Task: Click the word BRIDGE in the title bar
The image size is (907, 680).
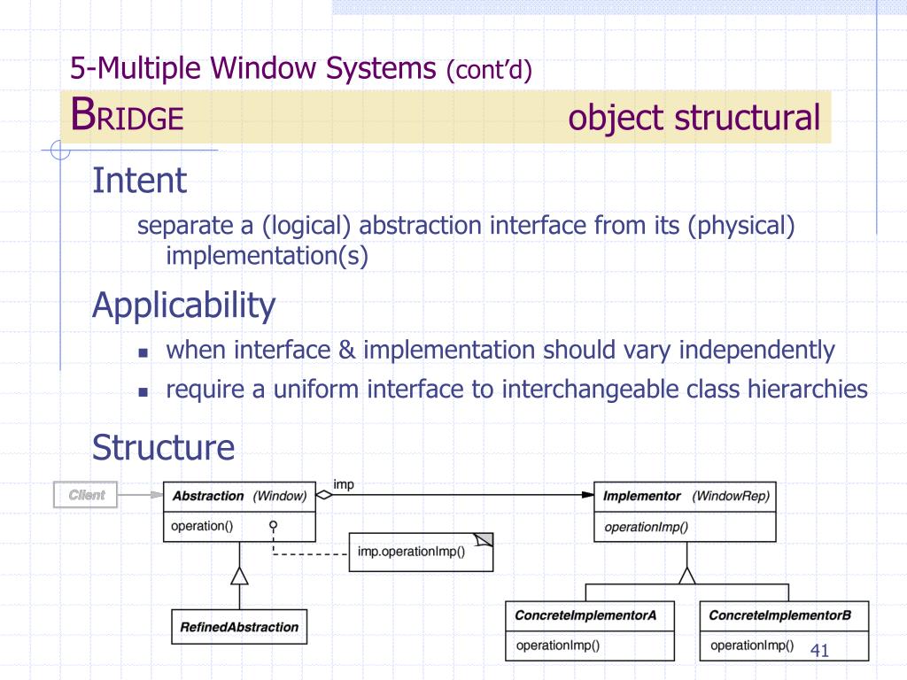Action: point(128,116)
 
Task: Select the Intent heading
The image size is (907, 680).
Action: point(140,181)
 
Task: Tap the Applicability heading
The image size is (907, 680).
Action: point(184,305)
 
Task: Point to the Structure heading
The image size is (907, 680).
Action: point(164,447)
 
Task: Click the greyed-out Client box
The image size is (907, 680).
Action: point(85,496)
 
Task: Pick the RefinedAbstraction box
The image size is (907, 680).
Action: point(239,627)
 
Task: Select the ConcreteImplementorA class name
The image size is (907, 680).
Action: point(585,614)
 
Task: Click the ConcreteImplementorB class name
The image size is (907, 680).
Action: point(780,614)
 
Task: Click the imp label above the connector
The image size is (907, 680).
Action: point(343,485)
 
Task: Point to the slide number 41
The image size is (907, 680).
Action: point(819,652)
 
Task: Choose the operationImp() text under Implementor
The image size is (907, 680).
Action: point(646,527)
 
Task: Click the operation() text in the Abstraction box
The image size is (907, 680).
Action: point(202,526)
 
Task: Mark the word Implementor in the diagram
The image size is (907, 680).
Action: point(642,496)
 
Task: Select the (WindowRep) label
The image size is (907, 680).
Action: point(731,496)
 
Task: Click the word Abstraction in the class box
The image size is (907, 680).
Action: point(208,496)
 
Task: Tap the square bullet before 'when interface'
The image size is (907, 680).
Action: point(142,352)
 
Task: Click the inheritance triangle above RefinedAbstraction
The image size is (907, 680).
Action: point(238,576)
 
